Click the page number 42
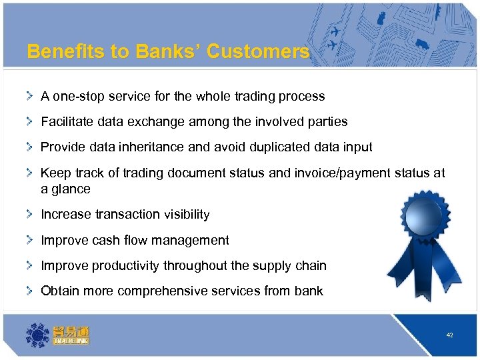point(450,335)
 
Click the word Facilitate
point(67,122)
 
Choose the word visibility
point(182,215)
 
